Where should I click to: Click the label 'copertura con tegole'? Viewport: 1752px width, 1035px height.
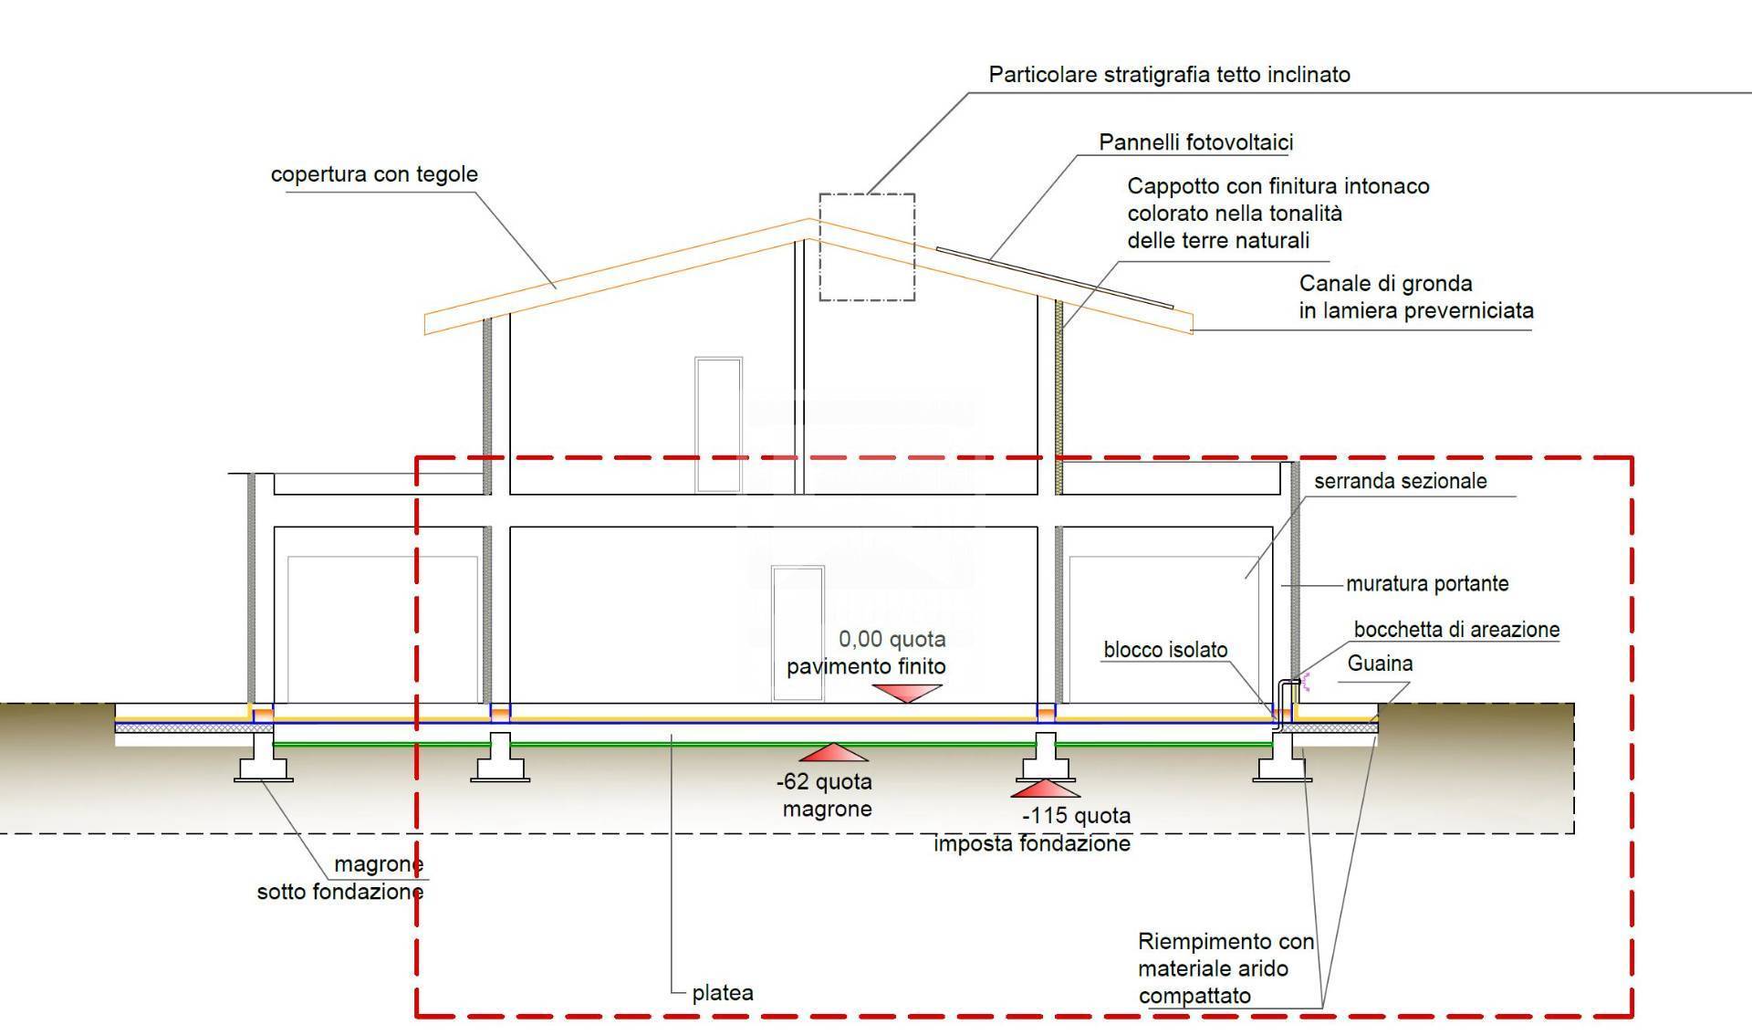point(374,174)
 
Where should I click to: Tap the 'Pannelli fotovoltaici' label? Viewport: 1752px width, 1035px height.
point(1195,142)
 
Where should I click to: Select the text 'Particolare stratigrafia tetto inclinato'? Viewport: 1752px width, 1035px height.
point(1169,75)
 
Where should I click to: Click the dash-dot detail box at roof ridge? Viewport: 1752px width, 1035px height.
point(866,246)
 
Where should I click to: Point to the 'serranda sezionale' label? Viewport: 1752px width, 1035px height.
point(1400,481)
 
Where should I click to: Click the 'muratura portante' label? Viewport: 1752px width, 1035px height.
point(1427,583)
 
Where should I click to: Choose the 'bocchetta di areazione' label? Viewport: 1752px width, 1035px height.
point(1456,630)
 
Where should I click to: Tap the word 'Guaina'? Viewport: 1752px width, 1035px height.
point(1380,664)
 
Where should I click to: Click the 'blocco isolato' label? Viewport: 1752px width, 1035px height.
point(1165,650)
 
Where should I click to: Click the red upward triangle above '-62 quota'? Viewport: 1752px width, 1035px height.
point(834,753)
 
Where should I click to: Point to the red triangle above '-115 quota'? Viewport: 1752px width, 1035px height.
point(1046,789)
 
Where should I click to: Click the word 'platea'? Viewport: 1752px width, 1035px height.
point(723,993)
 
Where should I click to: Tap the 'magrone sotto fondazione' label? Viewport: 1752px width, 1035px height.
point(340,878)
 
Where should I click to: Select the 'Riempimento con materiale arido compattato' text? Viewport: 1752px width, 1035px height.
point(1225,968)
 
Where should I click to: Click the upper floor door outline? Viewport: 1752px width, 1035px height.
point(718,424)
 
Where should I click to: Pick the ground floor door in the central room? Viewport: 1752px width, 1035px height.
point(798,633)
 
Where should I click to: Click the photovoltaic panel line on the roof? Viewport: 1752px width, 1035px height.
point(1054,277)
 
